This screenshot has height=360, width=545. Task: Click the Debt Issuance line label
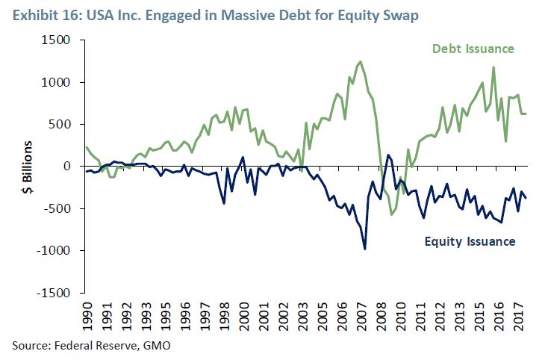click(x=473, y=49)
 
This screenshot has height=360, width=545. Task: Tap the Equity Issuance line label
click(x=470, y=240)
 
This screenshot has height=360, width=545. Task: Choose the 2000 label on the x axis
click(x=244, y=315)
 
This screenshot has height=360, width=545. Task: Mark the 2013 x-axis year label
click(x=455, y=315)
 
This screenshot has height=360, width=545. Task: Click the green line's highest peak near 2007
click(x=361, y=62)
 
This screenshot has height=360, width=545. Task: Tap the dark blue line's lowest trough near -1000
click(x=365, y=249)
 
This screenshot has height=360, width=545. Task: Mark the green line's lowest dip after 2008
click(x=392, y=214)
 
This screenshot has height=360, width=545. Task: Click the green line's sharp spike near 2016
click(x=493, y=68)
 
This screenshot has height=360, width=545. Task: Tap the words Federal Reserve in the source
click(x=96, y=344)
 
